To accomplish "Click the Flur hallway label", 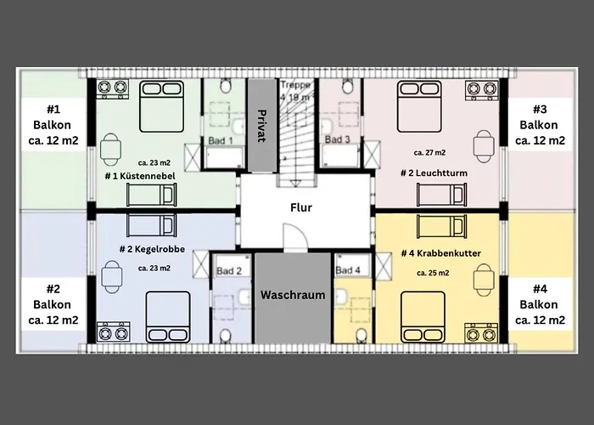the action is (x=301, y=207).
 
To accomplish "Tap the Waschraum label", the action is (x=293, y=295).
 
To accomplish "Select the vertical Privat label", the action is (x=261, y=126).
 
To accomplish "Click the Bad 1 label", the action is (x=221, y=141).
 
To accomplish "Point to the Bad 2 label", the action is (x=229, y=271).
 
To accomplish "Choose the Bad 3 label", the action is (x=337, y=139).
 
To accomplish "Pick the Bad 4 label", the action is (x=348, y=270).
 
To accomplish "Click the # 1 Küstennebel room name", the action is (x=140, y=176).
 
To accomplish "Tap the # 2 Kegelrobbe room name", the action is (x=152, y=249).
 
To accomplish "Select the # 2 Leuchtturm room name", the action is (x=434, y=173).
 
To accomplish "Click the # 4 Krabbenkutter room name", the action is (x=441, y=253).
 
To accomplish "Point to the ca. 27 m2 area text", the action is (x=429, y=152).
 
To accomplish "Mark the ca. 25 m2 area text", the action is (x=433, y=273).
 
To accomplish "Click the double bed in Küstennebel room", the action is (x=162, y=106).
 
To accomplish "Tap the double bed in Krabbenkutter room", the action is (x=423, y=317).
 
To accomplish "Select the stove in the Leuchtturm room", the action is (x=481, y=90).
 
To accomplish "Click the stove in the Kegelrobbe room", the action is (x=113, y=332).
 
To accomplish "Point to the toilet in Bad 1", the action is (x=227, y=86).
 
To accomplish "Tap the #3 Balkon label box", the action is (x=540, y=125).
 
